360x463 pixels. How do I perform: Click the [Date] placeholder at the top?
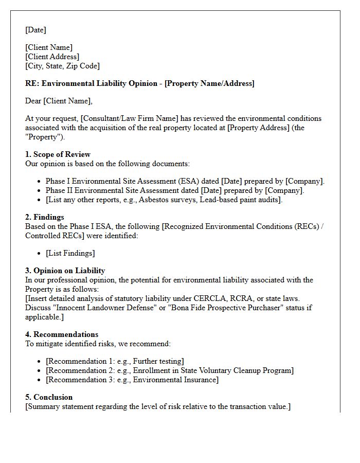pyautogui.click(x=35, y=30)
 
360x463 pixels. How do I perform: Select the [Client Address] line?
pyautogui.click(x=52, y=57)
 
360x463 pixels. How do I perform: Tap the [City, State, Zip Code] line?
pyautogui.click(x=62, y=66)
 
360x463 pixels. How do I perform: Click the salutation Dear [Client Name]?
pyautogui.click(x=59, y=101)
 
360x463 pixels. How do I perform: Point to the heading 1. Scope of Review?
pyautogui.click(x=58, y=154)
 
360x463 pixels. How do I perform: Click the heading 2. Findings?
pyautogui.click(x=45, y=217)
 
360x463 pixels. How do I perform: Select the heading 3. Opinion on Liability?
pyautogui.click(x=65, y=271)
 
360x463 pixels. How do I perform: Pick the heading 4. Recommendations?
pyautogui.click(x=62, y=334)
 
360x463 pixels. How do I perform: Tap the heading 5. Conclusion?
pyautogui.click(x=49, y=397)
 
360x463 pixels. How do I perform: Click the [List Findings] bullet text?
pyautogui.click(x=70, y=253)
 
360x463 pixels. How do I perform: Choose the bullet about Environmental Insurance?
pyautogui.click(x=132, y=380)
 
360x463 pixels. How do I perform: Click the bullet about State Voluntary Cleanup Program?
pyautogui.click(x=169, y=370)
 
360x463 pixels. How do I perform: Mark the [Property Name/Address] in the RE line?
pyautogui.click(x=209, y=83)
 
